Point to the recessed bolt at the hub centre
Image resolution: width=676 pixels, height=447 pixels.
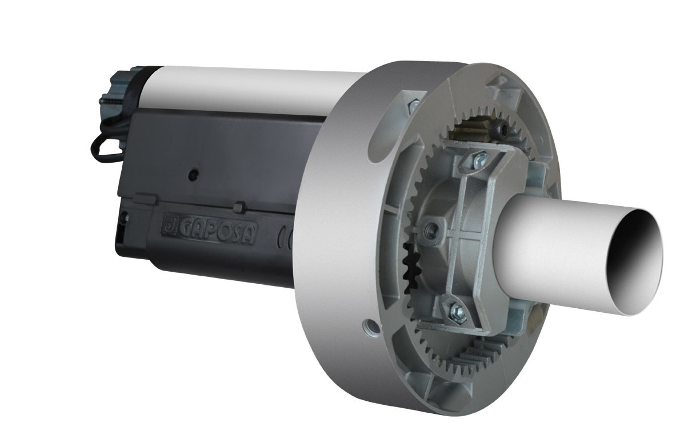tap(430, 229)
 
